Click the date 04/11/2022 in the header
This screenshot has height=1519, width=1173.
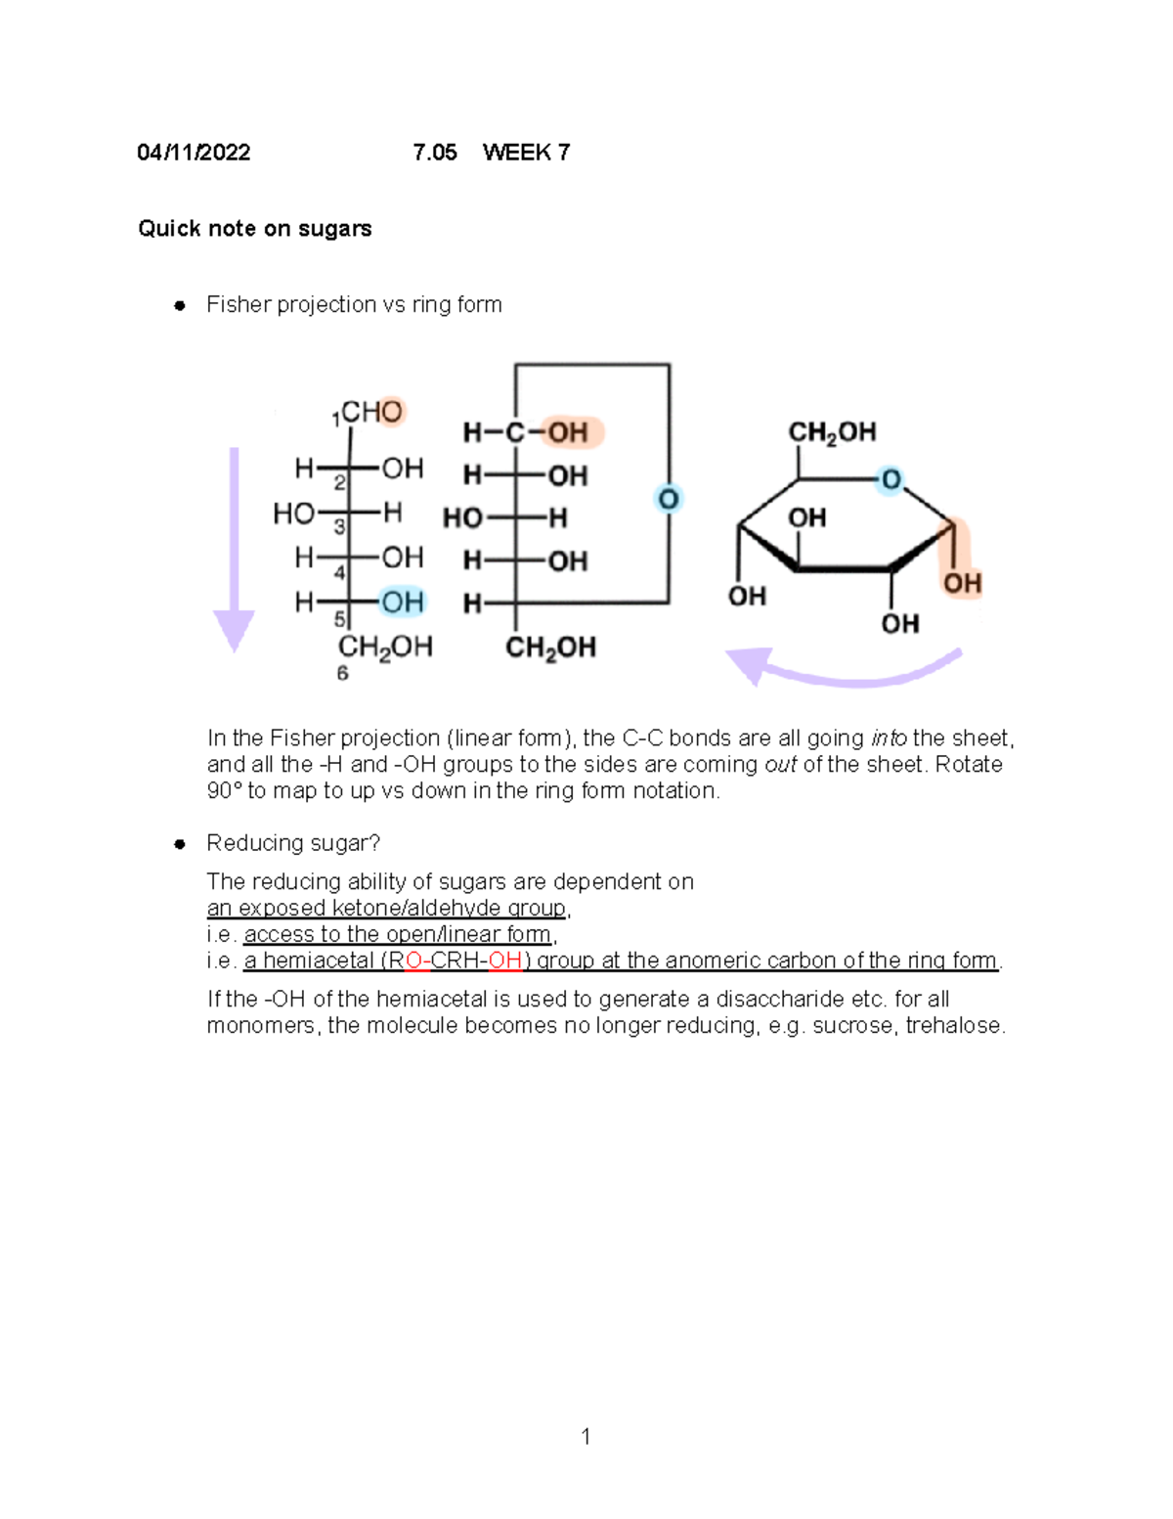pyautogui.click(x=194, y=153)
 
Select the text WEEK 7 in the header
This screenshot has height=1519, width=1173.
pyautogui.click(x=526, y=153)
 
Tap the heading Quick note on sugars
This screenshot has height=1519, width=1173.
pyautogui.click(x=254, y=229)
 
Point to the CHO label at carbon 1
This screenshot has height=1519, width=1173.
pyautogui.click(x=371, y=412)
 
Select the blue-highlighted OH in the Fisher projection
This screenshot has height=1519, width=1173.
pyautogui.click(x=402, y=602)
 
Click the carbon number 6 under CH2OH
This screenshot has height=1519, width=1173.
pyautogui.click(x=342, y=673)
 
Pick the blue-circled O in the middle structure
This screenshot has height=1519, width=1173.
pyautogui.click(x=669, y=499)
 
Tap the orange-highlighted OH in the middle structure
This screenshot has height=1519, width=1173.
pyautogui.click(x=568, y=432)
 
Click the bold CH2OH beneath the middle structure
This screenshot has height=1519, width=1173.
pyautogui.click(x=550, y=648)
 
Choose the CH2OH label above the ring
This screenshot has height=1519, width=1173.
pyautogui.click(x=832, y=432)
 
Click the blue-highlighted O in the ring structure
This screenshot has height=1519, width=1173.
pyautogui.click(x=891, y=480)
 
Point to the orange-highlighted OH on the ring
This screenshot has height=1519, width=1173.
pyautogui.click(x=961, y=583)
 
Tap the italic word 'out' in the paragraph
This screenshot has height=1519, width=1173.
pyautogui.click(x=780, y=765)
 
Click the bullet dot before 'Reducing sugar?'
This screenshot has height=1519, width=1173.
pyautogui.click(x=180, y=844)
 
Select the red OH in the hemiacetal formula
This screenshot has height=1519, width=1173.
pyautogui.click(x=504, y=961)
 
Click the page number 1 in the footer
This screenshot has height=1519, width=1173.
pyautogui.click(x=586, y=1436)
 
